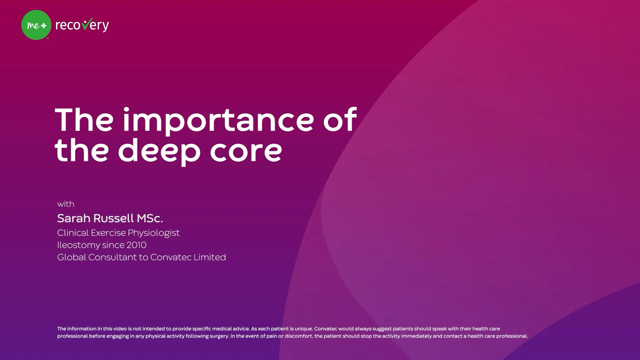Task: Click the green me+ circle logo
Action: [36, 25]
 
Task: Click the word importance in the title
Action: [218, 120]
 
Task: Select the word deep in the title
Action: [159, 151]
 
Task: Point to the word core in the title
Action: [246, 151]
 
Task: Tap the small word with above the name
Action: [66, 204]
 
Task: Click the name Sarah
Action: [74, 218]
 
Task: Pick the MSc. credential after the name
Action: [150, 218]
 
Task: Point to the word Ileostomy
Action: [78, 245]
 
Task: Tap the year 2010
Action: [136, 245]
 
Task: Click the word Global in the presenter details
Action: [72, 257]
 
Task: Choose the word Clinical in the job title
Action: [73, 233]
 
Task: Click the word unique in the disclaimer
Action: [303, 329]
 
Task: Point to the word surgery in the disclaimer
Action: [218, 336]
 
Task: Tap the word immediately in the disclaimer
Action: [416, 336]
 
